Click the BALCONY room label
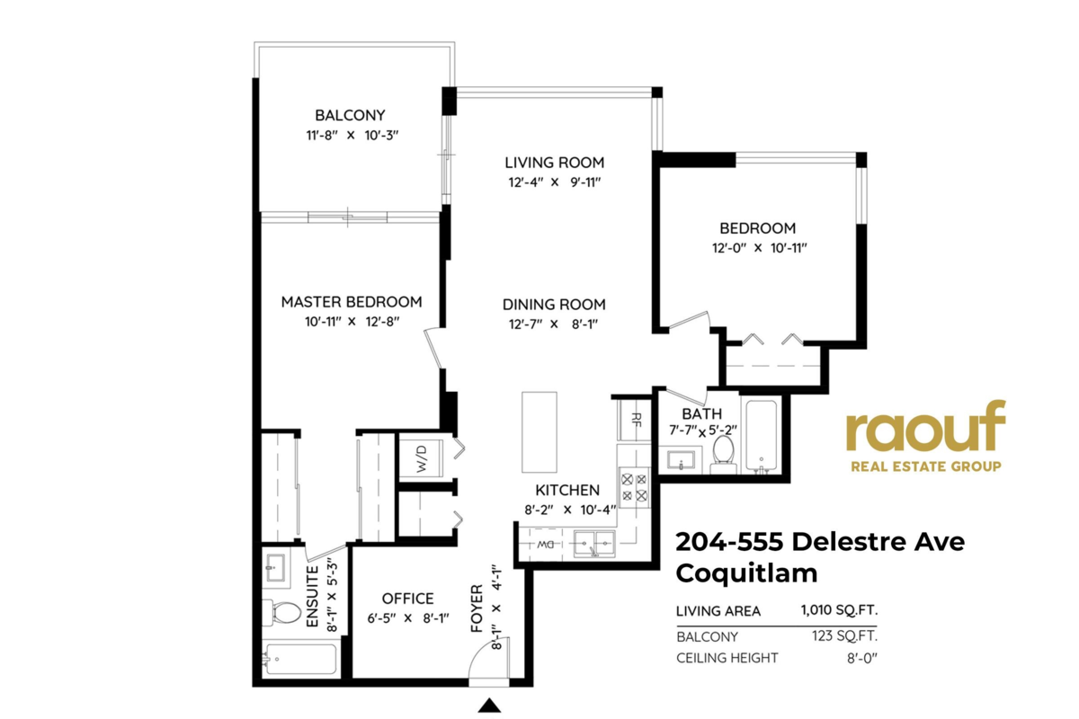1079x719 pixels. pyautogui.click(x=350, y=115)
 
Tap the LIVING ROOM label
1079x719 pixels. pyautogui.click(x=555, y=163)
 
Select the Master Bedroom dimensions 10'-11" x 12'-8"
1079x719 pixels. pyautogui.click(x=352, y=321)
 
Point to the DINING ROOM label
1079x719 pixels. pyautogui.click(x=554, y=305)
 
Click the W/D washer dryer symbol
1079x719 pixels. pyautogui.click(x=421, y=458)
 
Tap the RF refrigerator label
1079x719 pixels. pyautogui.click(x=636, y=420)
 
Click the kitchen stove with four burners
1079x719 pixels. pyautogui.click(x=634, y=487)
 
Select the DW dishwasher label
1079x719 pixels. pyautogui.click(x=545, y=545)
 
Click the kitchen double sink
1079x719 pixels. pyautogui.click(x=594, y=544)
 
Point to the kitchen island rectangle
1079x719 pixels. pyautogui.click(x=539, y=432)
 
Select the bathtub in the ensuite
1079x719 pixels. pyautogui.click(x=299, y=659)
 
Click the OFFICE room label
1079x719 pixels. pyautogui.click(x=407, y=599)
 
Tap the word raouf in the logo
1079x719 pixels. pyautogui.click(x=926, y=426)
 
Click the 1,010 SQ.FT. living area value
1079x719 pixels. pyautogui.click(x=839, y=610)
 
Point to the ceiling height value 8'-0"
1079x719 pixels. pyautogui.click(x=862, y=658)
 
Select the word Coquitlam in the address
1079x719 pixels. pyautogui.click(x=746, y=573)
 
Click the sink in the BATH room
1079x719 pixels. pyautogui.click(x=681, y=460)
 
